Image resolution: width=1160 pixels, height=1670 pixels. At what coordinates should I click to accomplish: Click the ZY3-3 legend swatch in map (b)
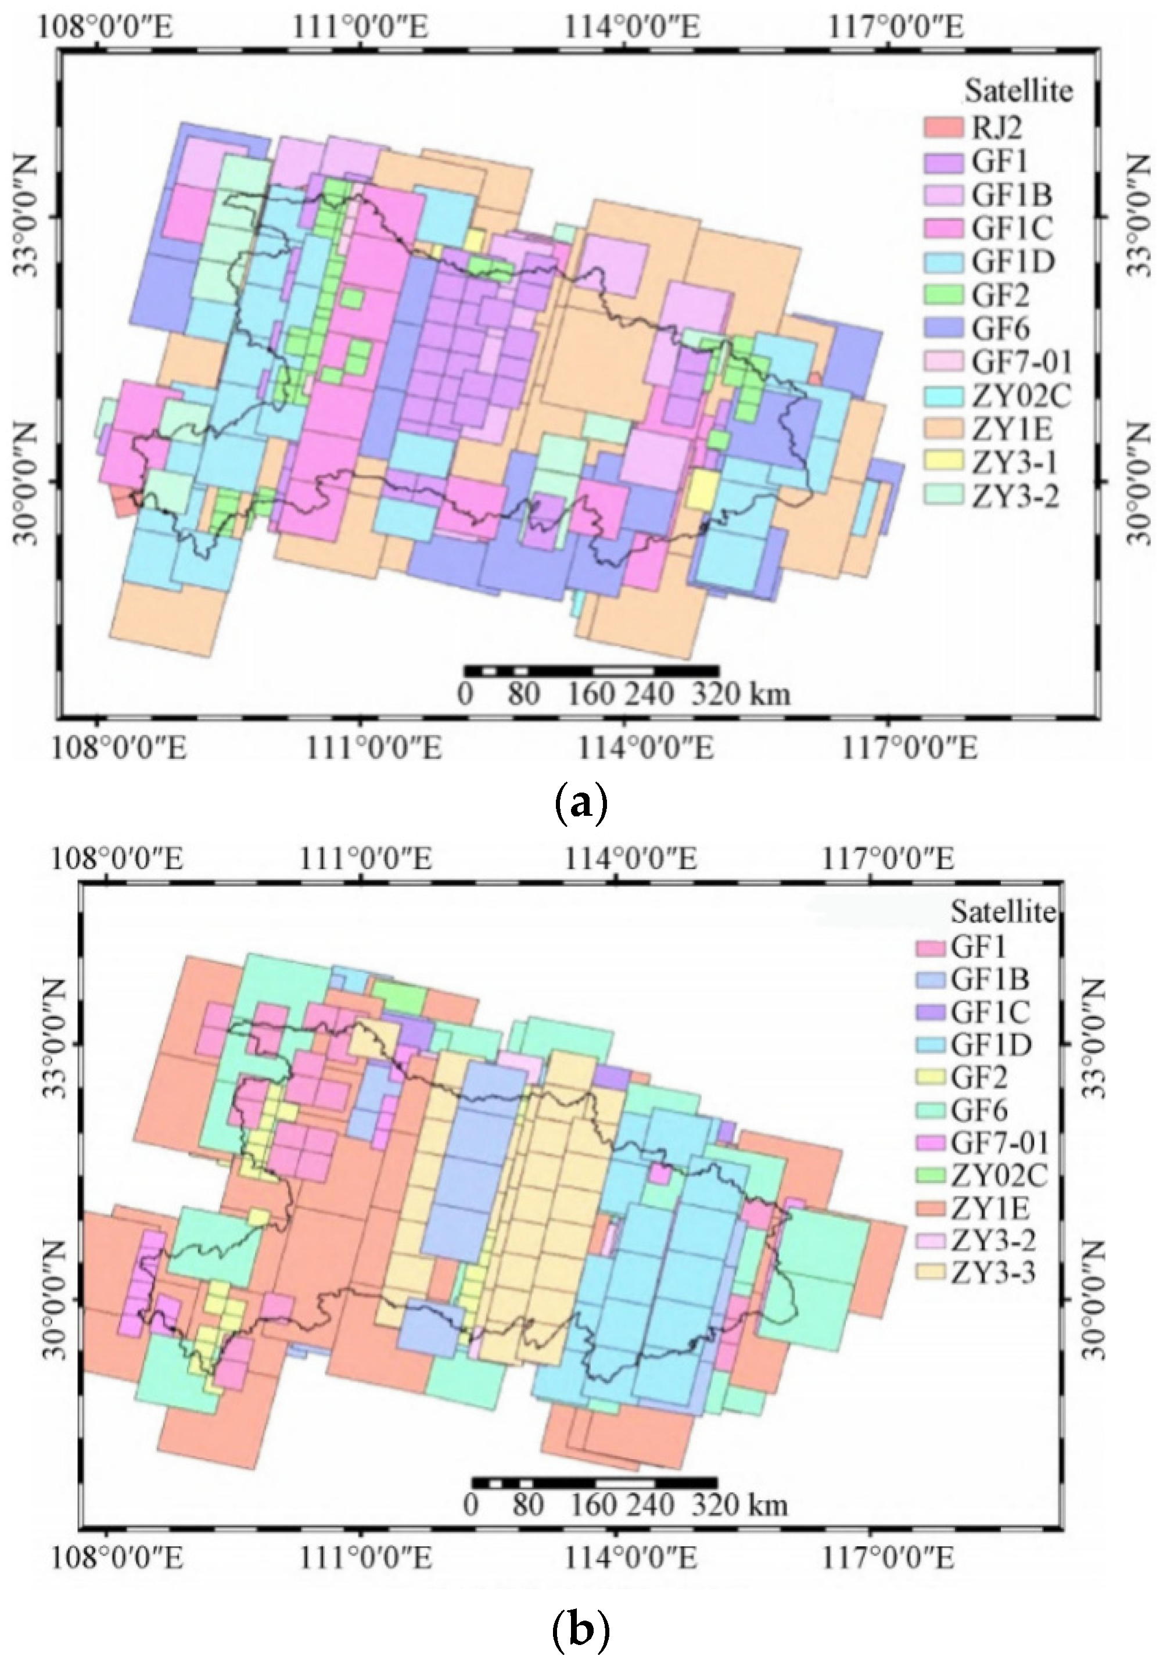931,1271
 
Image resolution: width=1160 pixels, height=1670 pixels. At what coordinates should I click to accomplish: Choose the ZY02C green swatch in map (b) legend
931,1173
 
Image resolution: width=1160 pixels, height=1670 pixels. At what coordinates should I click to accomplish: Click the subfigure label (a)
579,805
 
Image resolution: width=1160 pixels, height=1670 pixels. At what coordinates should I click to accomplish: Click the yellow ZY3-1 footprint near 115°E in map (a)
702,489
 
